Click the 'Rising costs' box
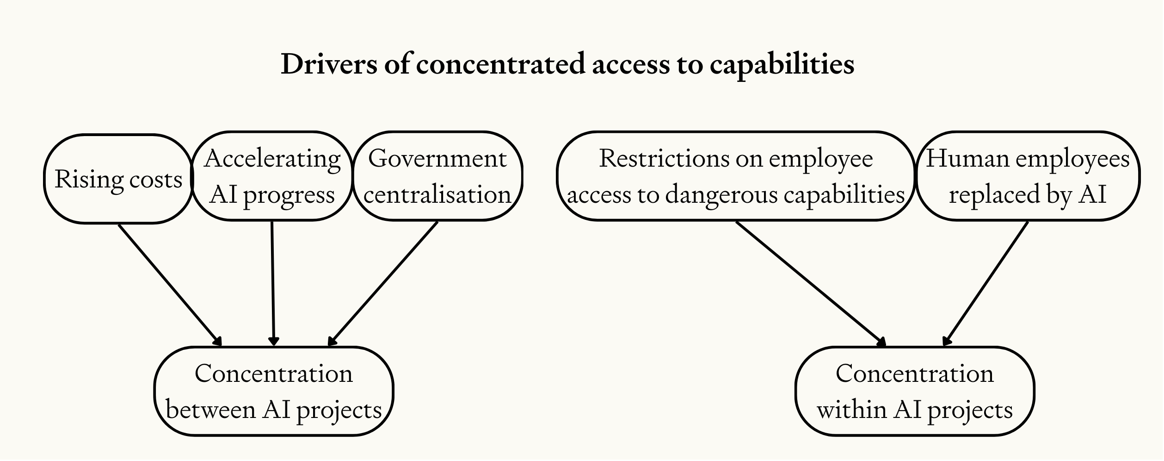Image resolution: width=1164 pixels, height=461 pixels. (118, 179)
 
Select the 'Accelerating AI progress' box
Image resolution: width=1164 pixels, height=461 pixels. (272, 176)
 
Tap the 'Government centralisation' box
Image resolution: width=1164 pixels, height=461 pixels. (437, 176)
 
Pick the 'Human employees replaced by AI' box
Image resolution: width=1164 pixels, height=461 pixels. (1028, 176)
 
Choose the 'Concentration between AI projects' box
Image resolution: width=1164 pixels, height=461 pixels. (273, 392)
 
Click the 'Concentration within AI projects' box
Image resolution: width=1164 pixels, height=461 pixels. (915, 392)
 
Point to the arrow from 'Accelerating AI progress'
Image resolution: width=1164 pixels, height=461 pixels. (273, 283)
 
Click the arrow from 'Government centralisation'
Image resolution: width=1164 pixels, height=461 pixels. (382, 283)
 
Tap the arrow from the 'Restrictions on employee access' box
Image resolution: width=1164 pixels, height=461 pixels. (811, 284)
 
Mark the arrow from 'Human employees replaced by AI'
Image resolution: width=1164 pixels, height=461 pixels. (985, 283)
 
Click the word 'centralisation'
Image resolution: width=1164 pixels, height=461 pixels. (437, 194)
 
